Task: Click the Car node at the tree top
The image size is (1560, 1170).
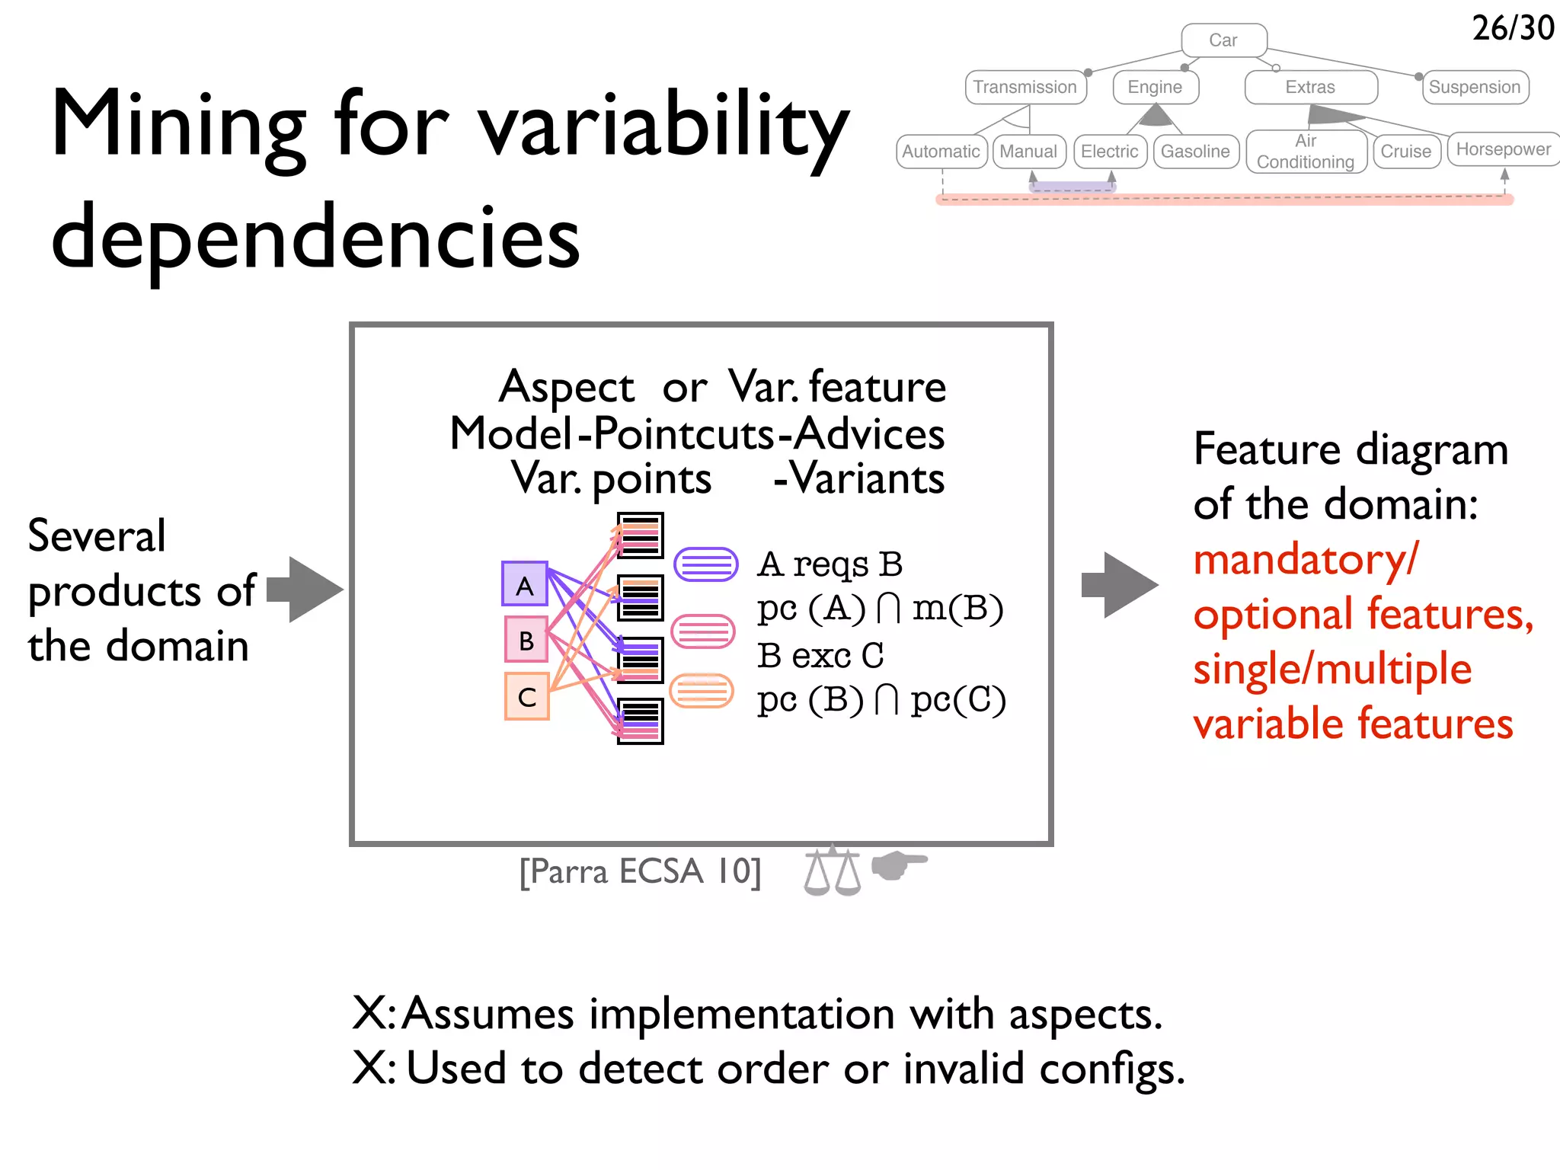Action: (1223, 40)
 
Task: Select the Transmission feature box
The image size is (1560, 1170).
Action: (1025, 87)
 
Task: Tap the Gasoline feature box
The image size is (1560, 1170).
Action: (1195, 152)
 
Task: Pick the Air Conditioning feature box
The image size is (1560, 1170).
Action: (1306, 152)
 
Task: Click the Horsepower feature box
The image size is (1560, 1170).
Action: (1503, 149)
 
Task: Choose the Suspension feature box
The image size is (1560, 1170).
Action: (1475, 87)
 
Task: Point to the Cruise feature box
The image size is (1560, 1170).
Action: (1405, 152)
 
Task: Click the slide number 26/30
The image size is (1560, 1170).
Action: (1513, 28)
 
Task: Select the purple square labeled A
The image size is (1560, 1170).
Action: (525, 584)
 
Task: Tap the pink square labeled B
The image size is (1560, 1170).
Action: (526, 640)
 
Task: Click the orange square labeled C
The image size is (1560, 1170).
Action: (527, 696)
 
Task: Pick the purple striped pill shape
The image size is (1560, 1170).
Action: (706, 564)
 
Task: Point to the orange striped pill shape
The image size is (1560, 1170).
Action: (702, 691)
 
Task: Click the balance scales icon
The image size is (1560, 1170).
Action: (832, 871)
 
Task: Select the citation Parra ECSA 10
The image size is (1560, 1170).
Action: (640, 871)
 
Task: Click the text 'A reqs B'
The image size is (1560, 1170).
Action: (830, 564)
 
